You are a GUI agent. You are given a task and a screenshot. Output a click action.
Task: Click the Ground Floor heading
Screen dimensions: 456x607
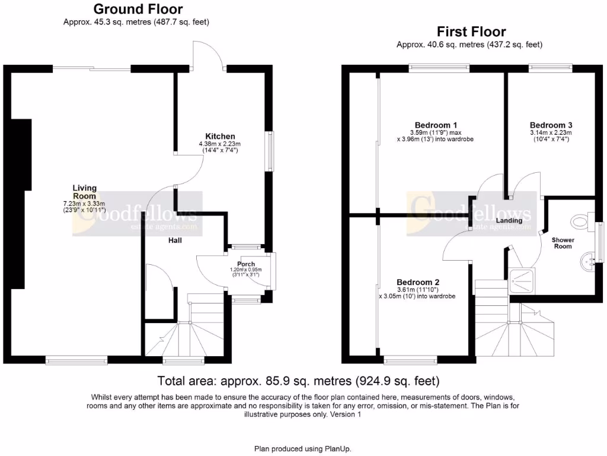tap(138, 9)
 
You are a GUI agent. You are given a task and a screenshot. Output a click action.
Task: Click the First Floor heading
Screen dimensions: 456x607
tap(471, 31)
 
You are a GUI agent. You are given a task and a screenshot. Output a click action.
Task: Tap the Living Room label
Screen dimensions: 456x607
tap(85, 192)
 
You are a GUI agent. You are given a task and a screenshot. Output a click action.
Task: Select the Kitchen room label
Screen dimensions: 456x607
tap(220, 137)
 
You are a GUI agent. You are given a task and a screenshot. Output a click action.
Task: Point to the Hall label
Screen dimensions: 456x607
tap(174, 240)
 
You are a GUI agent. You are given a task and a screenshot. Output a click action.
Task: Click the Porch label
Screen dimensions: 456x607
tap(246, 264)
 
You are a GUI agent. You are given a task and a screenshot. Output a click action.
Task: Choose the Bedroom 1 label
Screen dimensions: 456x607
tap(436, 125)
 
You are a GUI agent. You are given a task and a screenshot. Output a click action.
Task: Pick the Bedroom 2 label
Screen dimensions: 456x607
tap(417, 282)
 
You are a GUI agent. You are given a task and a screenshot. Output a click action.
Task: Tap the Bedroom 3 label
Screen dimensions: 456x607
tap(551, 125)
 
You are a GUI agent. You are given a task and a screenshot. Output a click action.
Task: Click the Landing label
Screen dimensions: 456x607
tap(509, 220)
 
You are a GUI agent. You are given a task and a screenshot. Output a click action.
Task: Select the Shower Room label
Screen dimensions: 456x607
tap(563, 243)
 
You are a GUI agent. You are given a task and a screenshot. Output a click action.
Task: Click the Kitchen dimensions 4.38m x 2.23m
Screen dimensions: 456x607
tap(220, 144)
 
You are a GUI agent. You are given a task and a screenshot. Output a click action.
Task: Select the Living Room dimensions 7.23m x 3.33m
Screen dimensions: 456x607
tap(85, 204)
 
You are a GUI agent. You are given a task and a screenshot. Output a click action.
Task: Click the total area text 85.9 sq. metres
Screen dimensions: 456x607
tap(298, 381)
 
